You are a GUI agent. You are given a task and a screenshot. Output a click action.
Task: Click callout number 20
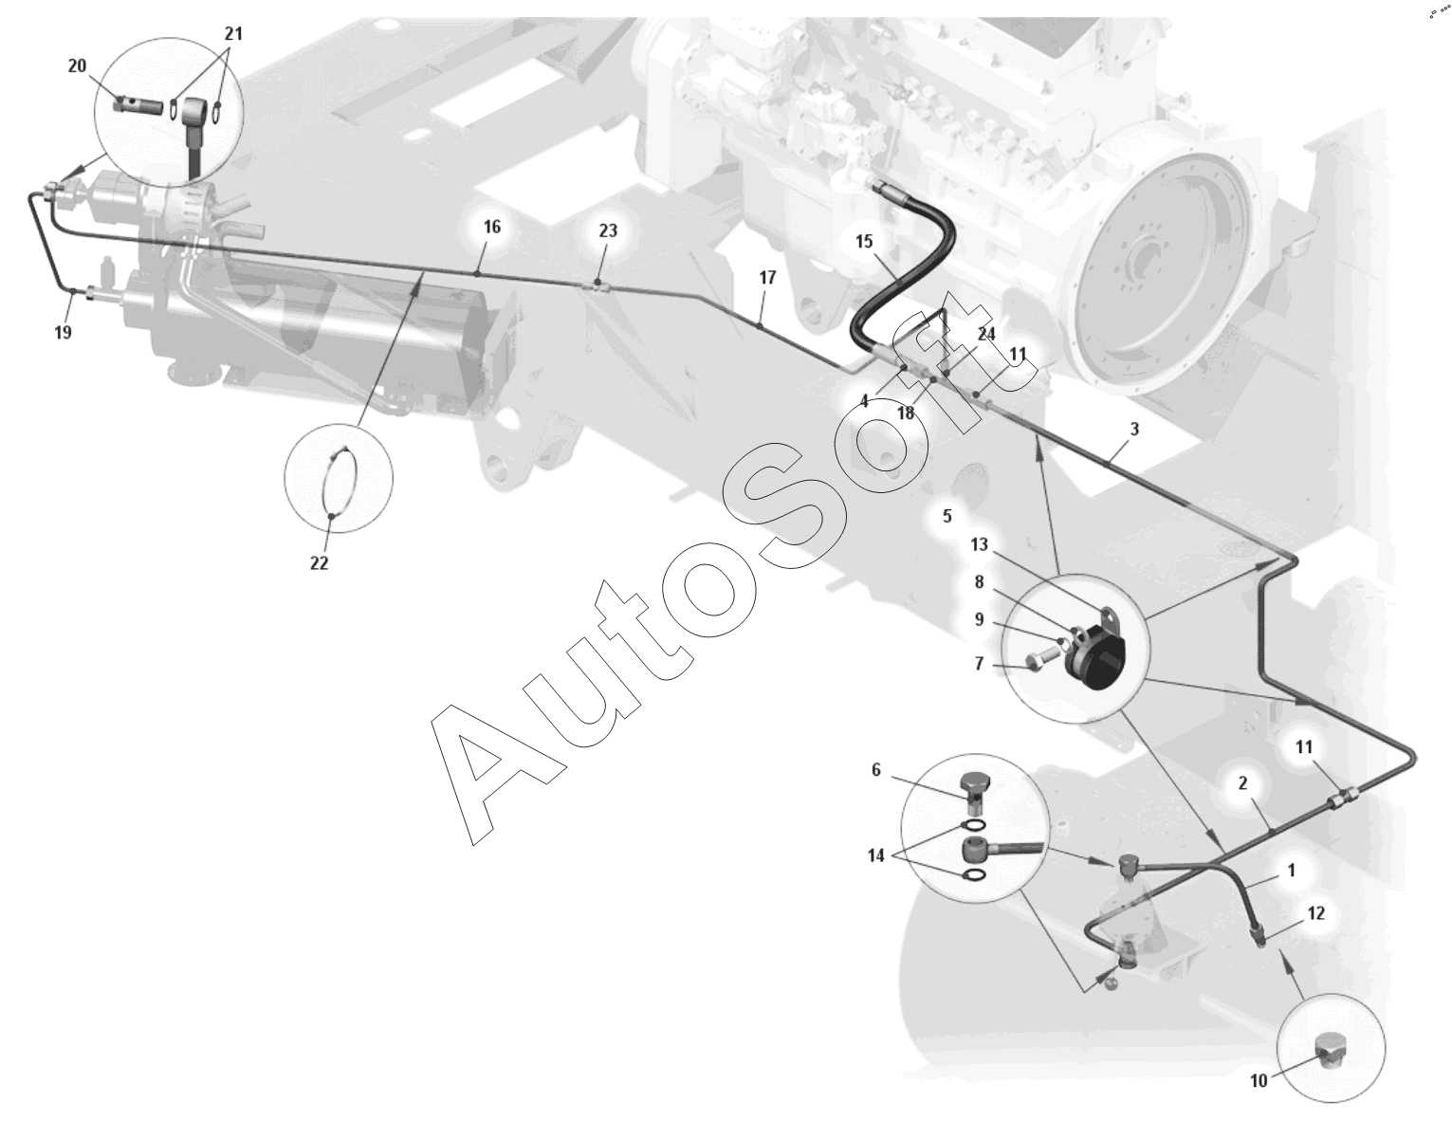point(78,66)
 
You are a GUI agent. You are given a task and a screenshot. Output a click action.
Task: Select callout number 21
point(233,33)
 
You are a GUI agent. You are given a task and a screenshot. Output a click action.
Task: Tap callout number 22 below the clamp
point(320,563)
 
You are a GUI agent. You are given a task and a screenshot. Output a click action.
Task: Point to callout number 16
point(492,227)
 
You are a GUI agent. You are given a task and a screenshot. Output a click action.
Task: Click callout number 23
point(608,230)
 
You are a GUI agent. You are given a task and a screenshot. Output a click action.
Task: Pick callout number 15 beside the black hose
point(865,241)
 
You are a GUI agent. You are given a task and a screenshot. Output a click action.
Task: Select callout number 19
point(64,332)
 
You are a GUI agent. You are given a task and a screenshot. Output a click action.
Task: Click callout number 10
point(1259,1099)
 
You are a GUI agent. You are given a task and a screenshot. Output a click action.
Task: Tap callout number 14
point(876,855)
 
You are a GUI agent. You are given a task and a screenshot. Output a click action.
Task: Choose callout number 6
point(876,770)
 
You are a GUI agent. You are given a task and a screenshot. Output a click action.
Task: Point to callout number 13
point(979,544)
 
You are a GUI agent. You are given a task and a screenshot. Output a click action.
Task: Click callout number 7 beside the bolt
point(980,664)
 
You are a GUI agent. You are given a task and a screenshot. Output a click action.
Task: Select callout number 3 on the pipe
point(1134,429)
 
